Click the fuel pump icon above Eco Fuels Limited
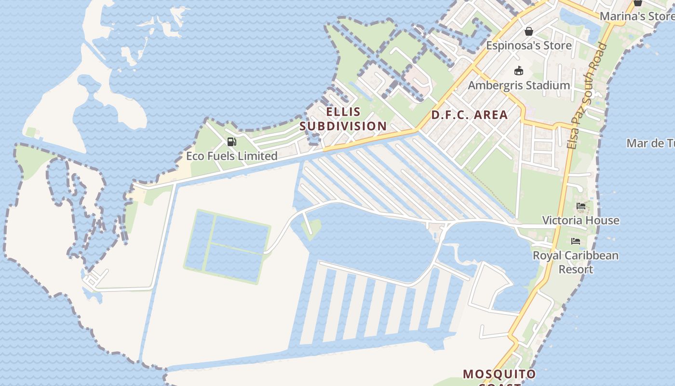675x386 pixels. coord(232,142)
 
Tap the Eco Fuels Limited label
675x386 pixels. coord(232,156)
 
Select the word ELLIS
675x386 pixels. coord(343,112)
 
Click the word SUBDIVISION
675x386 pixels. coord(343,126)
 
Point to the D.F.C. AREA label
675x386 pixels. coord(470,115)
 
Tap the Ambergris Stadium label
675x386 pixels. coord(519,85)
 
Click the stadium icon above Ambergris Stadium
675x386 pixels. coord(519,71)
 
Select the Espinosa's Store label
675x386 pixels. coord(529,45)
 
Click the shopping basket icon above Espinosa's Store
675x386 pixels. coord(529,31)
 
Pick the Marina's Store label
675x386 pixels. coord(636,16)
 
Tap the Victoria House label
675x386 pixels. coord(580,220)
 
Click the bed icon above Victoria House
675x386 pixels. coord(581,207)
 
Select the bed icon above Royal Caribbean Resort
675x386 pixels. coord(576,241)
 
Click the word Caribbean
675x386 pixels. coord(591,255)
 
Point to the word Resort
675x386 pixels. coord(576,269)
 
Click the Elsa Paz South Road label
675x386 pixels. coord(587,96)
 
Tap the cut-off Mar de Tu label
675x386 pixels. coord(650,143)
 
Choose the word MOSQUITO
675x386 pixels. coord(499,374)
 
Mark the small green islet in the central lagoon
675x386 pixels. coord(312,226)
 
